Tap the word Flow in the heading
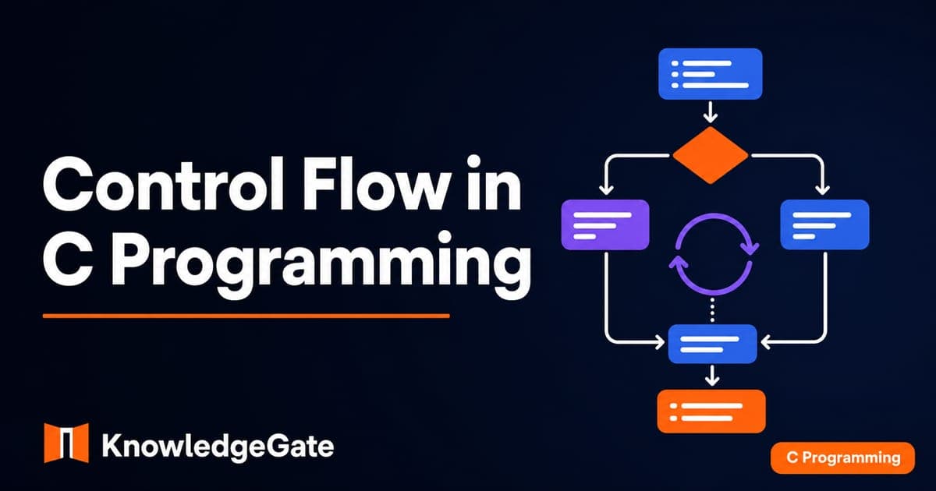377,183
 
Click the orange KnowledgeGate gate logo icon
66,443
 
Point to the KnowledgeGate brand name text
218,447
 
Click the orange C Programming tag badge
843,457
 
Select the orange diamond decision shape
711,155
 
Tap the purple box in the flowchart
605,224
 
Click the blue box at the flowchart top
711,74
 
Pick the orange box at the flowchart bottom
711,412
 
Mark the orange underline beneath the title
246,316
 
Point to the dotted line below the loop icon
712,310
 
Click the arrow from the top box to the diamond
711,111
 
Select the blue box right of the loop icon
825,224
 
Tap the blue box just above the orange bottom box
712,344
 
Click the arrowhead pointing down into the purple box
606,190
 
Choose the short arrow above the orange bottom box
712,375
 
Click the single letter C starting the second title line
68,259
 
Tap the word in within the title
495,183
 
